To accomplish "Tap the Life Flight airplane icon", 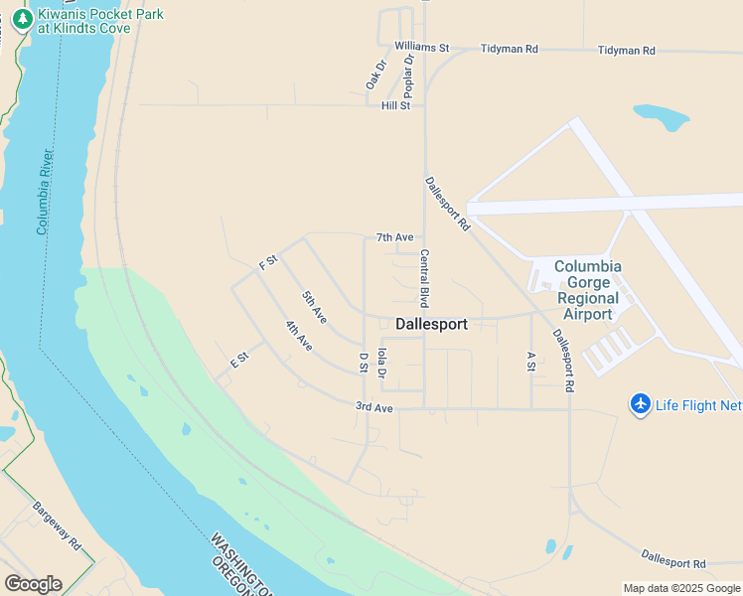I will tap(641, 404).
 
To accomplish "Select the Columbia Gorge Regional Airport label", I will tap(587, 290).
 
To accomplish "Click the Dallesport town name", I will tap(431, 324).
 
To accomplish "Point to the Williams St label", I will tap(421, 47).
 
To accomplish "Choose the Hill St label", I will tap(395, 105).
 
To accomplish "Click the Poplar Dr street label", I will tap(408, 74).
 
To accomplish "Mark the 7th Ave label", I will tap(394, 237).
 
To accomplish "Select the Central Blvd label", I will tap(424, 277).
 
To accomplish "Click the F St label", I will tap(267, 262).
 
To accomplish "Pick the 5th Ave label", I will tap(315, 305).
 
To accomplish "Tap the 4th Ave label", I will tap(298, 335).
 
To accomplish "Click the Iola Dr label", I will tap(382, 361).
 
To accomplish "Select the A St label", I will tap(531, 362).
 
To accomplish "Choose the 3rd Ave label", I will tap(374, 407).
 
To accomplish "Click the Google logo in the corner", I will tap(33, 583).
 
